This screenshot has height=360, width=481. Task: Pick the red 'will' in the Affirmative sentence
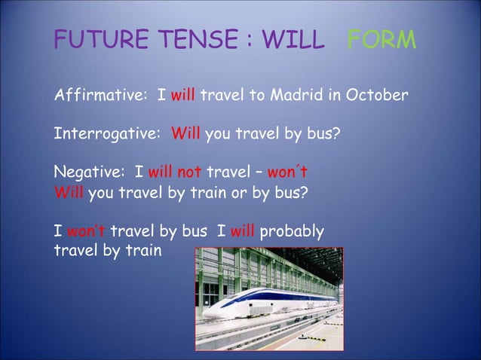pyautogui.click(x=183, y=96)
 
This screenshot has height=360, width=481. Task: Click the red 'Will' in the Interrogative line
pyautogui.click(x=186, y=136)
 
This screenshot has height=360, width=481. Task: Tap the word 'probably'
pyautogui.click(x=291, y=230)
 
